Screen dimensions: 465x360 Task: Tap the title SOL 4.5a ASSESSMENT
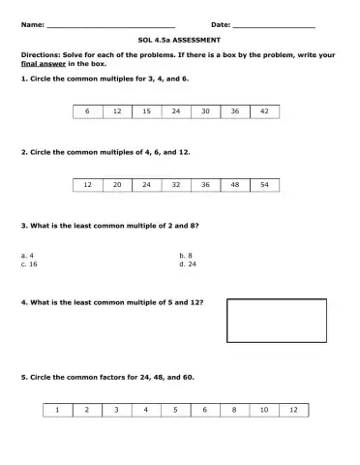[180, 41]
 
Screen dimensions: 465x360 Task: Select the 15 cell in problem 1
[146, 111]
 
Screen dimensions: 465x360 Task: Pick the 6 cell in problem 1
[87, 111]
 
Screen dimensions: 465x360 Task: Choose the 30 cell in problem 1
[205, 111]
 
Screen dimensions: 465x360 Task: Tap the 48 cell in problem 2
[235, 183]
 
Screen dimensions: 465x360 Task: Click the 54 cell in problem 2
[264, 183]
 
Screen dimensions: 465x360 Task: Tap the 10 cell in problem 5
[264, 410]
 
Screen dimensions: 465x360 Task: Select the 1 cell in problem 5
[57, 410]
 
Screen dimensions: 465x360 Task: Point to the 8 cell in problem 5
[235, 410]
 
